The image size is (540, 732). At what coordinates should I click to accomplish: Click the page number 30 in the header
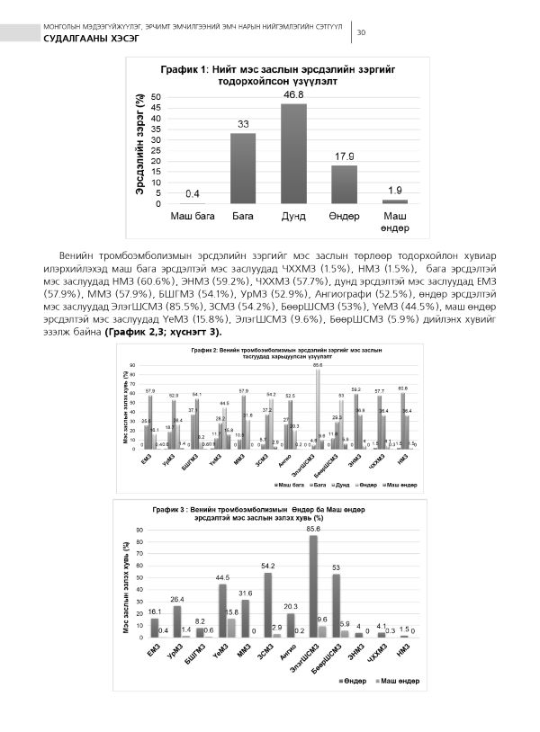361,33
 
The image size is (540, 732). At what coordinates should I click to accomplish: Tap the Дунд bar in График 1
294,154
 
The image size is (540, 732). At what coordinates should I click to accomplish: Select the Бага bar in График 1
244,169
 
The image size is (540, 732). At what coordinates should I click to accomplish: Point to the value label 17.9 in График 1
345,157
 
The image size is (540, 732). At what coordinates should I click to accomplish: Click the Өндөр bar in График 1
345,185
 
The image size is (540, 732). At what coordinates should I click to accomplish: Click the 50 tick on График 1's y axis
157,96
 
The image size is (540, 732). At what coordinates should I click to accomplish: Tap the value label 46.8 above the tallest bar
294,94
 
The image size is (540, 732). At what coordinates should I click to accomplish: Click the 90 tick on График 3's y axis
139,530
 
